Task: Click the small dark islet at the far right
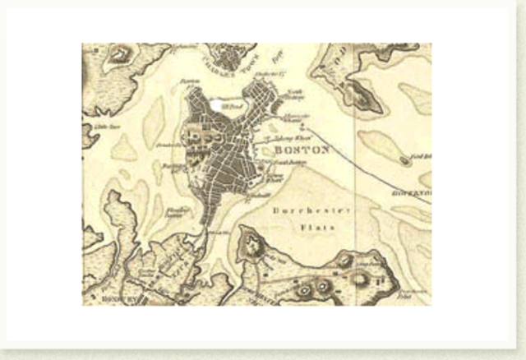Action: pos(405,162)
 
